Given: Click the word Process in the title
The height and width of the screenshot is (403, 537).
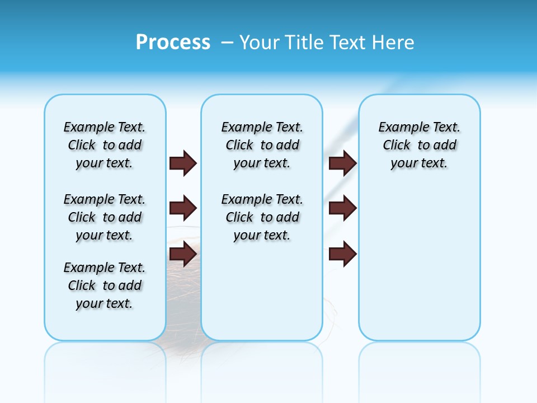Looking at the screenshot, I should (173, 43).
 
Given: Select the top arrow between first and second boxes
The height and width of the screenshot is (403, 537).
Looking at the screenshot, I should (183, 163).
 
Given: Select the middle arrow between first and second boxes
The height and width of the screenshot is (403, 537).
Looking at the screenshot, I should (183, 209).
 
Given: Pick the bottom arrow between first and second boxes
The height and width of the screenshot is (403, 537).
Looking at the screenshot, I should (183, 255).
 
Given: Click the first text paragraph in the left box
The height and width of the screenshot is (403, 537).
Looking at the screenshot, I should (105, 145).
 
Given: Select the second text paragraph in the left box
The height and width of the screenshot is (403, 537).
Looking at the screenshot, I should (105, 217).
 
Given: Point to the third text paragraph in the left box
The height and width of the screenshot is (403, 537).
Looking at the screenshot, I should (105, 285).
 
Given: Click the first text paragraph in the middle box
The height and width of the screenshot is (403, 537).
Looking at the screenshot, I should (262, 145).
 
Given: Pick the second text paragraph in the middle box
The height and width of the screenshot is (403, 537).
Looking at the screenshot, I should (262, 217).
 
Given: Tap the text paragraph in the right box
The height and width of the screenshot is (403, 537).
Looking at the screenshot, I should (419, 145).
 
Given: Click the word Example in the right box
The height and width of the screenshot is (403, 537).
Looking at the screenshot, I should (399, 128).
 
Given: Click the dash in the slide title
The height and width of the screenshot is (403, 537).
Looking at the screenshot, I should (228, 43).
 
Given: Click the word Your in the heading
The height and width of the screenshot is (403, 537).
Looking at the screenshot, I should (260, 43).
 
